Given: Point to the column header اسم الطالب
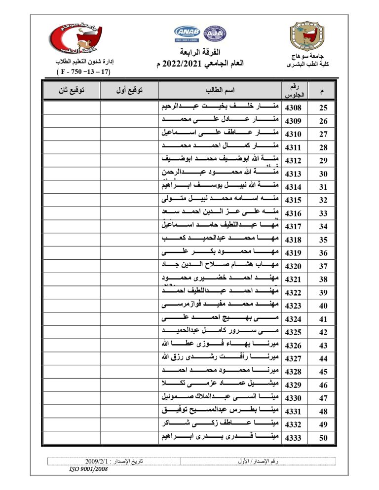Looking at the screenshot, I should click(x=220, y=91).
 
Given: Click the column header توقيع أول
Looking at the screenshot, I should click(x=129, y=91).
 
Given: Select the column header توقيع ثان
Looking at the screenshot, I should click(x=71, y=91).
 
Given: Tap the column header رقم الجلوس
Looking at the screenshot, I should click(x=294, y=90).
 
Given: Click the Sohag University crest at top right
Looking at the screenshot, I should click(x=308, y=36).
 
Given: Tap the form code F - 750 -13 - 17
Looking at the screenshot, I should click(x=84, y=72).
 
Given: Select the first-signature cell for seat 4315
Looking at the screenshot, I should click(x=129, y=200).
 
